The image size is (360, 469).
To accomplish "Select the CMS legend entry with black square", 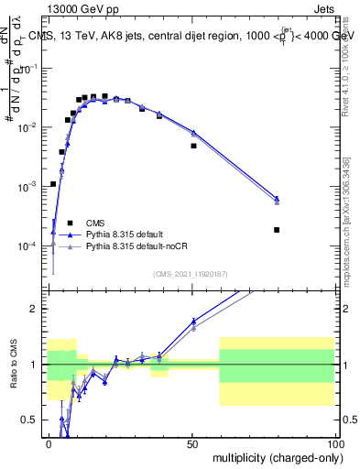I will point(95,223).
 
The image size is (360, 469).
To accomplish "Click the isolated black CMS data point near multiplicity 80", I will point(277,230).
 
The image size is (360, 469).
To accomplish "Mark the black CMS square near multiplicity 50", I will point(193,146).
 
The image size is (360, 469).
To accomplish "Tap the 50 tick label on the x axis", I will point(192,443).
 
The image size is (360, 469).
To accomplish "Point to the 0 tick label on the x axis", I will point(49,443).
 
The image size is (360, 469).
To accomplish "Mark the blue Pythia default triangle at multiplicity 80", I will point(277,198).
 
